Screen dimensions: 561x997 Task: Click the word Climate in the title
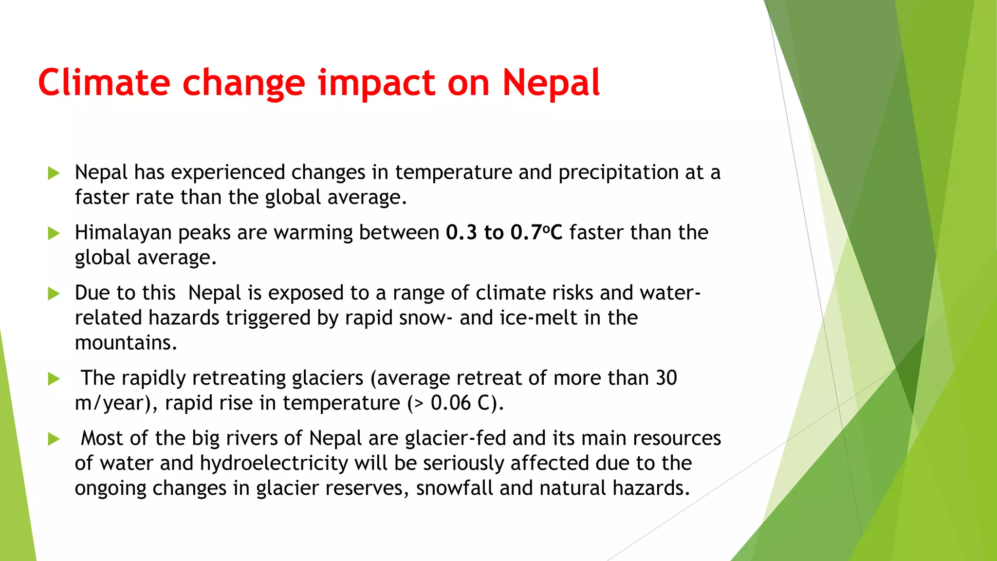tap(104, 83)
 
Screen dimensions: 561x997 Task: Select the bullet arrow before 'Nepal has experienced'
tap(54, 173)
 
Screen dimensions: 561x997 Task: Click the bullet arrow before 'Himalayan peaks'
tap(54, 233)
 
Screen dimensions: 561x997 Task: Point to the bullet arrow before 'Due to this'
tap(54, 294)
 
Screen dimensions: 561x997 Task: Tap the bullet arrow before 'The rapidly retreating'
tap(54, 379)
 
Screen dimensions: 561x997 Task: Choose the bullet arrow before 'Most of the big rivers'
tap(54, 439)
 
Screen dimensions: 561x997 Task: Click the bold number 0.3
tap(461, 232)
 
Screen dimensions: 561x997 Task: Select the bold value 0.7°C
tap(536, 232)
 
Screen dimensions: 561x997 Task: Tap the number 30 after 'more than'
tap(666, 378)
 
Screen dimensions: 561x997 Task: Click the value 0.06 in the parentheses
tap(451, 403)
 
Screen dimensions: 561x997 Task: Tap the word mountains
tap(126, 343)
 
